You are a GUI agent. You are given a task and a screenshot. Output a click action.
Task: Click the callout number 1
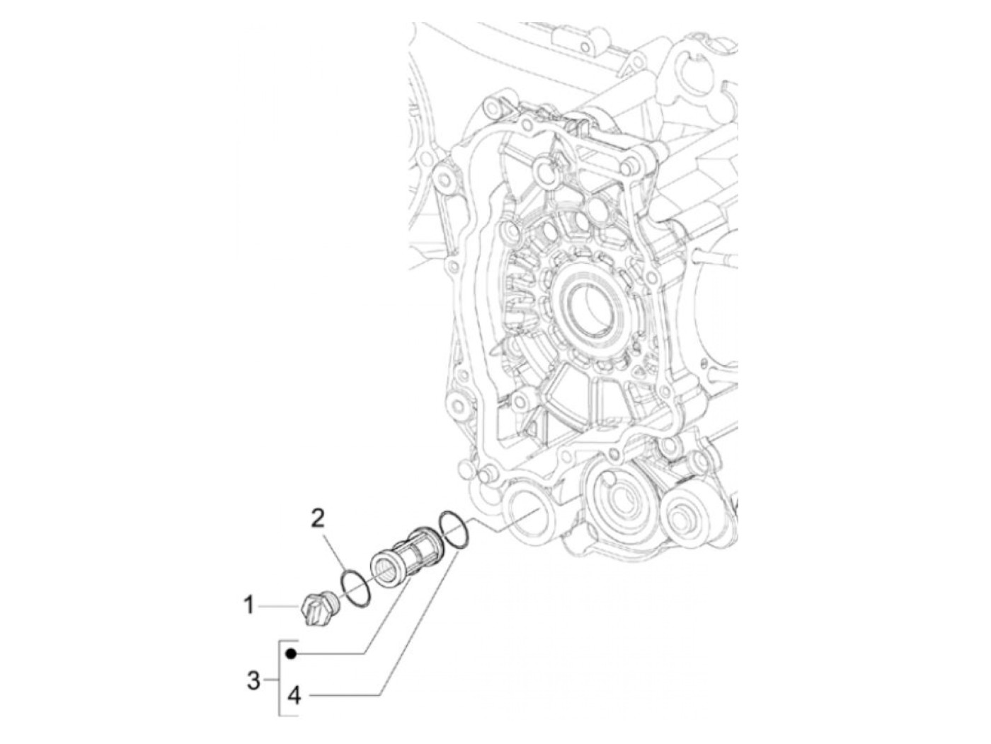click(248, 606)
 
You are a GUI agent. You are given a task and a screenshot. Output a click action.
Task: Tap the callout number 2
click(319, 520)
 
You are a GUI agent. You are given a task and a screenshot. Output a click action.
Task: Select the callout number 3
click(253, 682)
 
